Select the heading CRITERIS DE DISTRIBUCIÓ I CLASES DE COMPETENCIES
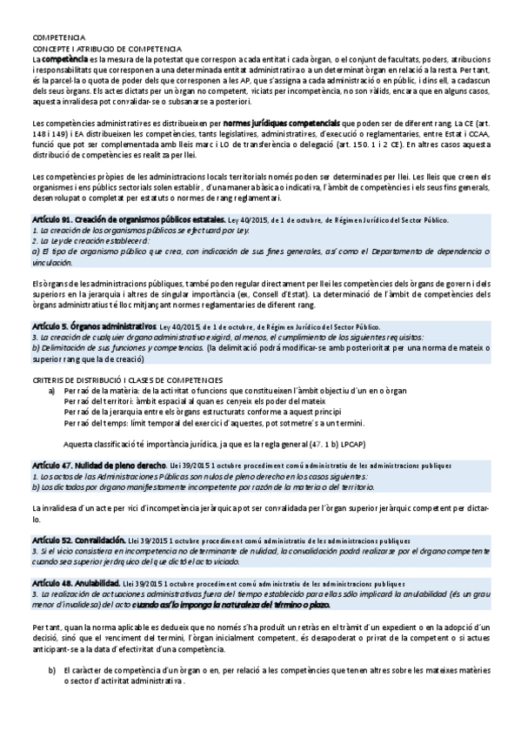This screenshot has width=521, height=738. tap(127, 356)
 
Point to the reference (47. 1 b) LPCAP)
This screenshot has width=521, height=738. tap(334, 419)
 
